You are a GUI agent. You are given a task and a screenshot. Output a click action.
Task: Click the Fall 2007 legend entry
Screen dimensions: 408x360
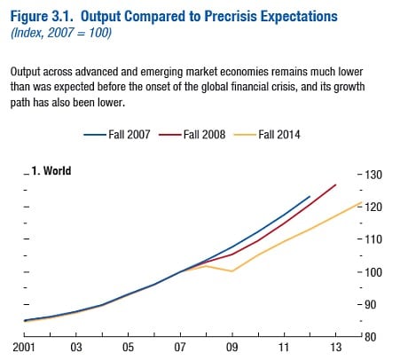[117, 135]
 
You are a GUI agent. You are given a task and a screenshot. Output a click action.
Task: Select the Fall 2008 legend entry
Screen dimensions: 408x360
[192, 135]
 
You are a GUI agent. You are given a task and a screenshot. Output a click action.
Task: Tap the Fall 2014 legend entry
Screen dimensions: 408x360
[267, 135]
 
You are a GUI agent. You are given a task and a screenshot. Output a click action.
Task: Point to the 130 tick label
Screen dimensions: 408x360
[373, 175]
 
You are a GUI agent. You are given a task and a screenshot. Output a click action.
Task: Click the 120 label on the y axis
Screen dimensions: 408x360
[373, 207]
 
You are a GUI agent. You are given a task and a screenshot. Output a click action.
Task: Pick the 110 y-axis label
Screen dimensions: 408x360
[373, 239]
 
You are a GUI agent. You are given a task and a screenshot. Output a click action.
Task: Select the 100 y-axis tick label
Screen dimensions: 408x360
[373, 272]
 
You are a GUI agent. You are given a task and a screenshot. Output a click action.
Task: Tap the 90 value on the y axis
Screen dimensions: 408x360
[370, 304]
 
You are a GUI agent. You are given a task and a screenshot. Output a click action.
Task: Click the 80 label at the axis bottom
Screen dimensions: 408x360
[370, 337]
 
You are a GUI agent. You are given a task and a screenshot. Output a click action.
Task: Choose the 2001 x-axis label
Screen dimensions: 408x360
[24, 347]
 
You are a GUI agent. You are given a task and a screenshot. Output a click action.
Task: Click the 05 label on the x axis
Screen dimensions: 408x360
[128, 347]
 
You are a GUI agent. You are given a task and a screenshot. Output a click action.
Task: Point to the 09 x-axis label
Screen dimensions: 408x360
[232, 347]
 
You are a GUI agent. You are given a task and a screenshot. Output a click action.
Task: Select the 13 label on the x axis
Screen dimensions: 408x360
[336, 347]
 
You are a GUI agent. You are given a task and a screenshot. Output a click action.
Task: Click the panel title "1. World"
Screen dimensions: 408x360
[51, 171]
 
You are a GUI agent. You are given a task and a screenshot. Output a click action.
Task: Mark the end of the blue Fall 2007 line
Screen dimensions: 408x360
[310, 196]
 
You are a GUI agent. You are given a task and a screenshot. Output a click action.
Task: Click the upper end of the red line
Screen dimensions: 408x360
[336, 184]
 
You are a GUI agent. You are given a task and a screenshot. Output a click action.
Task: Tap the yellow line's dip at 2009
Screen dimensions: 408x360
[232, 271]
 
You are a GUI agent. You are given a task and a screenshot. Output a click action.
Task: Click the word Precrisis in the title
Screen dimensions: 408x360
[230, 16]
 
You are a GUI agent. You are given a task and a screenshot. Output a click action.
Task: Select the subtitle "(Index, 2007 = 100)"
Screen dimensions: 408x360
[61, 33]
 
